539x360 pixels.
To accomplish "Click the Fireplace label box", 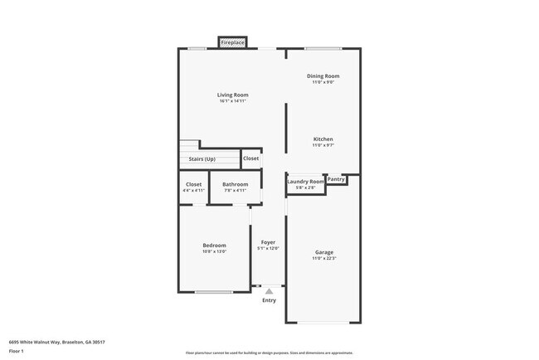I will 233,42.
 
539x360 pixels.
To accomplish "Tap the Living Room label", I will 233,95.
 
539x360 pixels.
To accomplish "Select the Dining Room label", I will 323,76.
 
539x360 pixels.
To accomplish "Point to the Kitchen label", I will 323,139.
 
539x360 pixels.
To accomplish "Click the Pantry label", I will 336,178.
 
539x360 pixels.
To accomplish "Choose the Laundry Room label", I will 305,181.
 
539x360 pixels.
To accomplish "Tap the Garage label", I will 323,252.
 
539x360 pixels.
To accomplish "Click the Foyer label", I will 268,242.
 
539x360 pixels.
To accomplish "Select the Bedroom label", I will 214,245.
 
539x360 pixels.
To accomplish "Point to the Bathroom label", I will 236,184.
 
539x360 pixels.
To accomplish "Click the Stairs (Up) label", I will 202,158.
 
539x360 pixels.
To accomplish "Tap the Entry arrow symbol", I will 269,291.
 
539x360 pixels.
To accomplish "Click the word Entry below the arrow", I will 269,300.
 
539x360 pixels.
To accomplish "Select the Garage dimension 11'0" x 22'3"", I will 323,259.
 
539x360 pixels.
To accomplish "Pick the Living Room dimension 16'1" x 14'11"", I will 233,101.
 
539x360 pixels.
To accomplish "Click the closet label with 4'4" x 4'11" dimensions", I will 193,184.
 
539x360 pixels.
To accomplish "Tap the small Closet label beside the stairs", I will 250,158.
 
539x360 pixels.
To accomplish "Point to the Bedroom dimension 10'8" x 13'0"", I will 214,251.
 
